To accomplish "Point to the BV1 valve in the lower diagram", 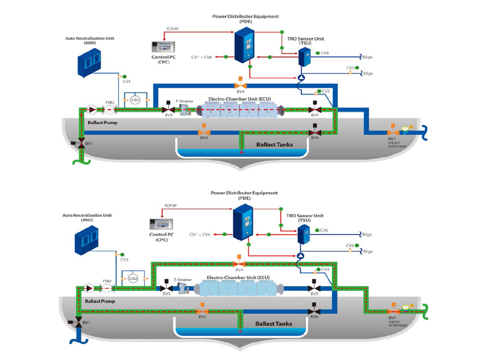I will [79, 322].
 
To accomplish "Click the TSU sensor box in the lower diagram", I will [304, 234].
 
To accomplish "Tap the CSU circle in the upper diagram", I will [135, 100].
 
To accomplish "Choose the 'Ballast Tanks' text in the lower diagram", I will [273, 323].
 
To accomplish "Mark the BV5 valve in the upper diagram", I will [314, 109].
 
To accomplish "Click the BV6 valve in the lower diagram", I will [314, 310].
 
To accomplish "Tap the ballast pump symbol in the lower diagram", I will [89, 288].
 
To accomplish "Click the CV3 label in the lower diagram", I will [124, 259].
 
